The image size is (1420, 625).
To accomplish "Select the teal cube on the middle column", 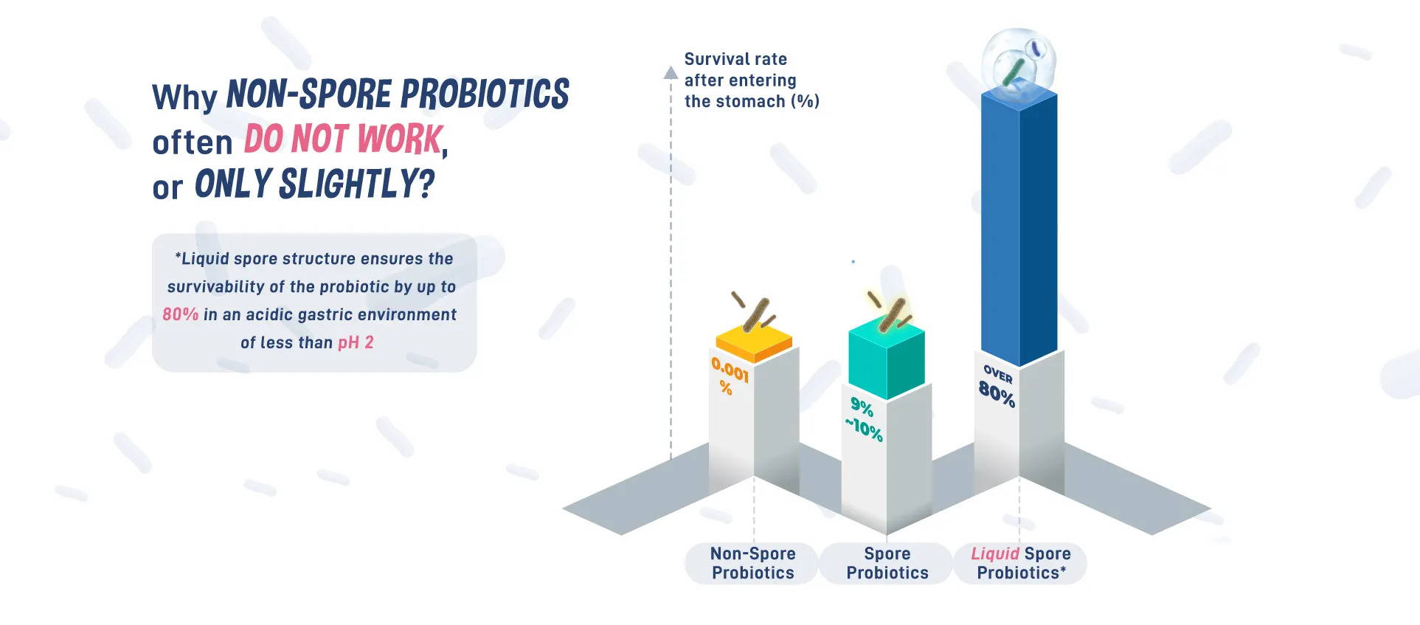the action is pos(887,360).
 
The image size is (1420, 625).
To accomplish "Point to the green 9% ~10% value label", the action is pos(864,419).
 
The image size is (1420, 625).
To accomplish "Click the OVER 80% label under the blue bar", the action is pos(997,386).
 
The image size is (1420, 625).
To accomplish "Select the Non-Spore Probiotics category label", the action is pos(753,563).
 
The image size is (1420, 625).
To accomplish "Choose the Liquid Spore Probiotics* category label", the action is pos(1021,563).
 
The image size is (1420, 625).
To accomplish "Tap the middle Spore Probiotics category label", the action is pos(887,563).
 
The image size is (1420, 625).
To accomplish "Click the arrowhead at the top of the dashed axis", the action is pos(671,72).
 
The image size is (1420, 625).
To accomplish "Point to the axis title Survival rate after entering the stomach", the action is pos(752,80).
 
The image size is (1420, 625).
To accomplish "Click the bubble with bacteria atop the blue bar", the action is pos(1019,63).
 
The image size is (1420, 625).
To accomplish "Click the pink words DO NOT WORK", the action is pos(344,139).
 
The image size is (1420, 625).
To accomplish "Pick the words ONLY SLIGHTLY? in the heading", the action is pos(314,184).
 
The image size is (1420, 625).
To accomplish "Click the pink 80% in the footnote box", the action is pos(181,314).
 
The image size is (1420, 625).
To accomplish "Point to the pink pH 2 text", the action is pos(356,342).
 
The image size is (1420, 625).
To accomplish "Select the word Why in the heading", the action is pos(184,97).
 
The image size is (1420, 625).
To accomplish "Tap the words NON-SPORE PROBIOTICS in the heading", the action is pos(398,94).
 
